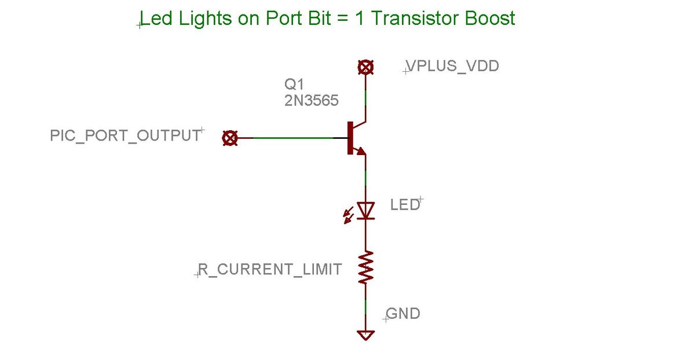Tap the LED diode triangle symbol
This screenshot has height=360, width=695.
point(365,210)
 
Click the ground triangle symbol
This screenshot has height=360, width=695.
point(365,335)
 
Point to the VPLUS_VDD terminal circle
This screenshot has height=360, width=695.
point(365,67)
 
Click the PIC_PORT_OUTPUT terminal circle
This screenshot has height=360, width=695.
point(230,138)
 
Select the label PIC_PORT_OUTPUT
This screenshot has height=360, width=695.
point(125,137)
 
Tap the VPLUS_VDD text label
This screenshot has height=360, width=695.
point(452,66)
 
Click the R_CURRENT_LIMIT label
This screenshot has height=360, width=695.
point(270,269)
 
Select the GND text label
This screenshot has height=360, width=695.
point(403,314)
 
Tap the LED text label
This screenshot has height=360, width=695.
point(405,204)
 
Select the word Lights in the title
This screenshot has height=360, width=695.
point(202,19)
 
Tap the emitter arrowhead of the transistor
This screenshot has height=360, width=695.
point(361,152)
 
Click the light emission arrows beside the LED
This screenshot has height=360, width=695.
point(348,216)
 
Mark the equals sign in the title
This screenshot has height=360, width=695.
point(344,19)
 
